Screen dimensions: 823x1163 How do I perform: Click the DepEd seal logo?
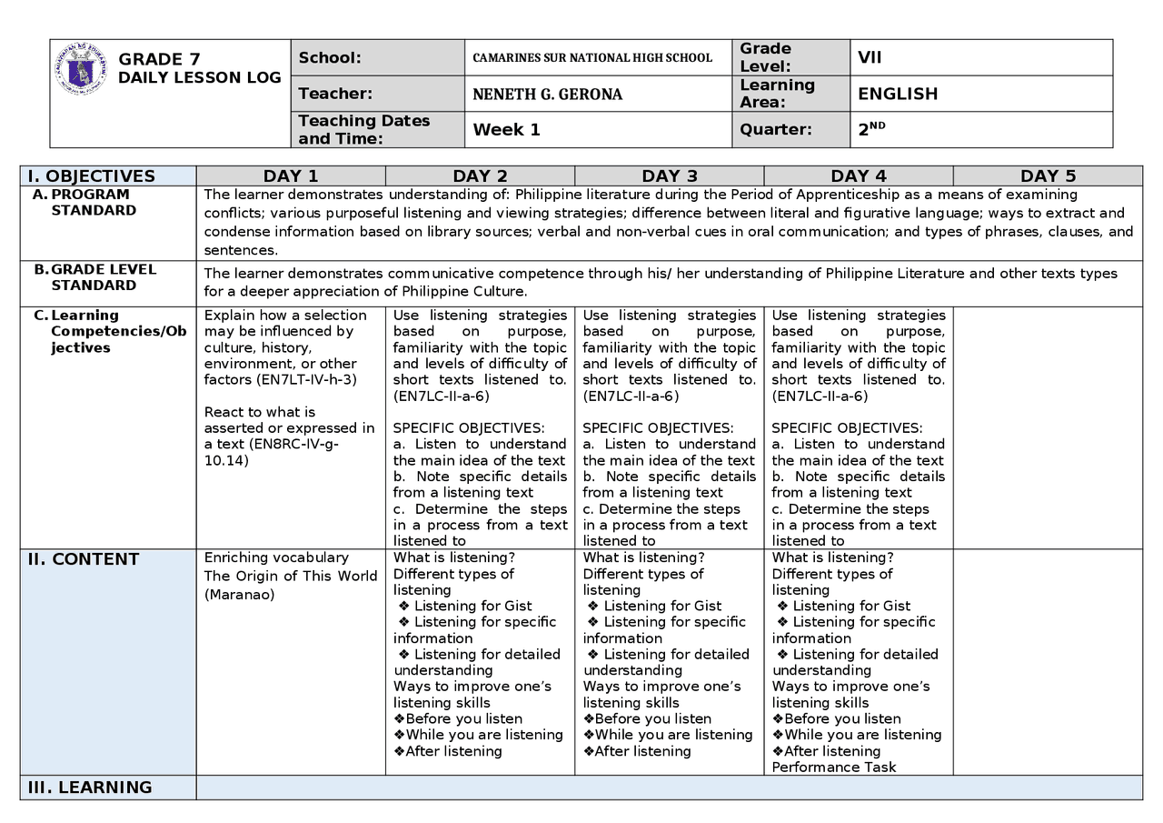pos(80,69)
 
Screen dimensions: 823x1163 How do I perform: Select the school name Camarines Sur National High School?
pos(592,57)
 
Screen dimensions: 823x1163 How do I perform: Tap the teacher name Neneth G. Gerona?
pos(547,94)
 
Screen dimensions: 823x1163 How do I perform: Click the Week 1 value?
pos(506,129)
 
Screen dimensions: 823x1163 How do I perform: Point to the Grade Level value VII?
pos(870,57)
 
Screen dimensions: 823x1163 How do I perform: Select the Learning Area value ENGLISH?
pos(898,94)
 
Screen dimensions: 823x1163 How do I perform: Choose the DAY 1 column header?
pos(291,176)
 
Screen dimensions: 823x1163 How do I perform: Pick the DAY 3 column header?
pos(669,176)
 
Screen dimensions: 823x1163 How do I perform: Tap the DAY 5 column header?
pos(1048,176)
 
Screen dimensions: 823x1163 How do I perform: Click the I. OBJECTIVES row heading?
pos(91,176)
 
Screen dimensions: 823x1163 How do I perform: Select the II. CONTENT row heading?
pos(83,559)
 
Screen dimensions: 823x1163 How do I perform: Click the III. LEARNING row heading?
pos(89,788)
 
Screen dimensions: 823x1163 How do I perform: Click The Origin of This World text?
pos(290,576)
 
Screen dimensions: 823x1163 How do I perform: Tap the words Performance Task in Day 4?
pos(833,767)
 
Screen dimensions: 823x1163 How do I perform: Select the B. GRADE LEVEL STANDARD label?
pos(103,277)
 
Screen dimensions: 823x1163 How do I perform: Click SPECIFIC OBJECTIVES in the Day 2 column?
pos(468,428)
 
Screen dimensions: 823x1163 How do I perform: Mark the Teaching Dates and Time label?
pos(363,129)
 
